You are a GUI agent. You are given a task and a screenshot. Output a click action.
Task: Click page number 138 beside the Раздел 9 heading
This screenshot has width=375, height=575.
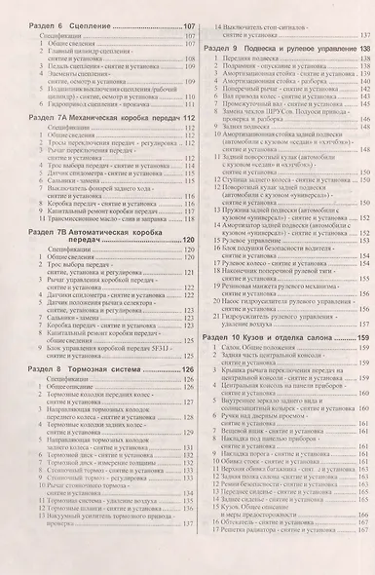tap(363, 48)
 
